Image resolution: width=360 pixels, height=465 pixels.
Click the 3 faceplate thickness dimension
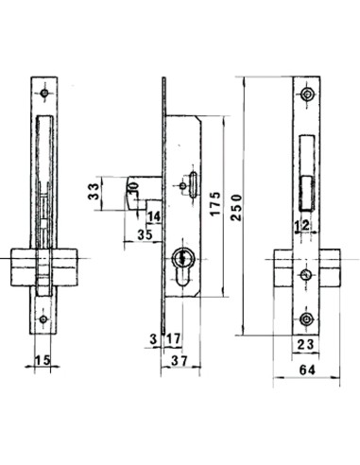(152, 338)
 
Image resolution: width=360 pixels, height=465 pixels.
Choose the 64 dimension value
(304, 371)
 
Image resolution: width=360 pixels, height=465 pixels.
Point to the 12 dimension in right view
(302, 225)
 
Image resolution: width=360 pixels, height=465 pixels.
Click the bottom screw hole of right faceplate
(305, 318)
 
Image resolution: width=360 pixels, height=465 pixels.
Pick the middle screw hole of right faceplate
(305, 275)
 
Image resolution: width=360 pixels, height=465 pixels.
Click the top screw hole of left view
(43, 94)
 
